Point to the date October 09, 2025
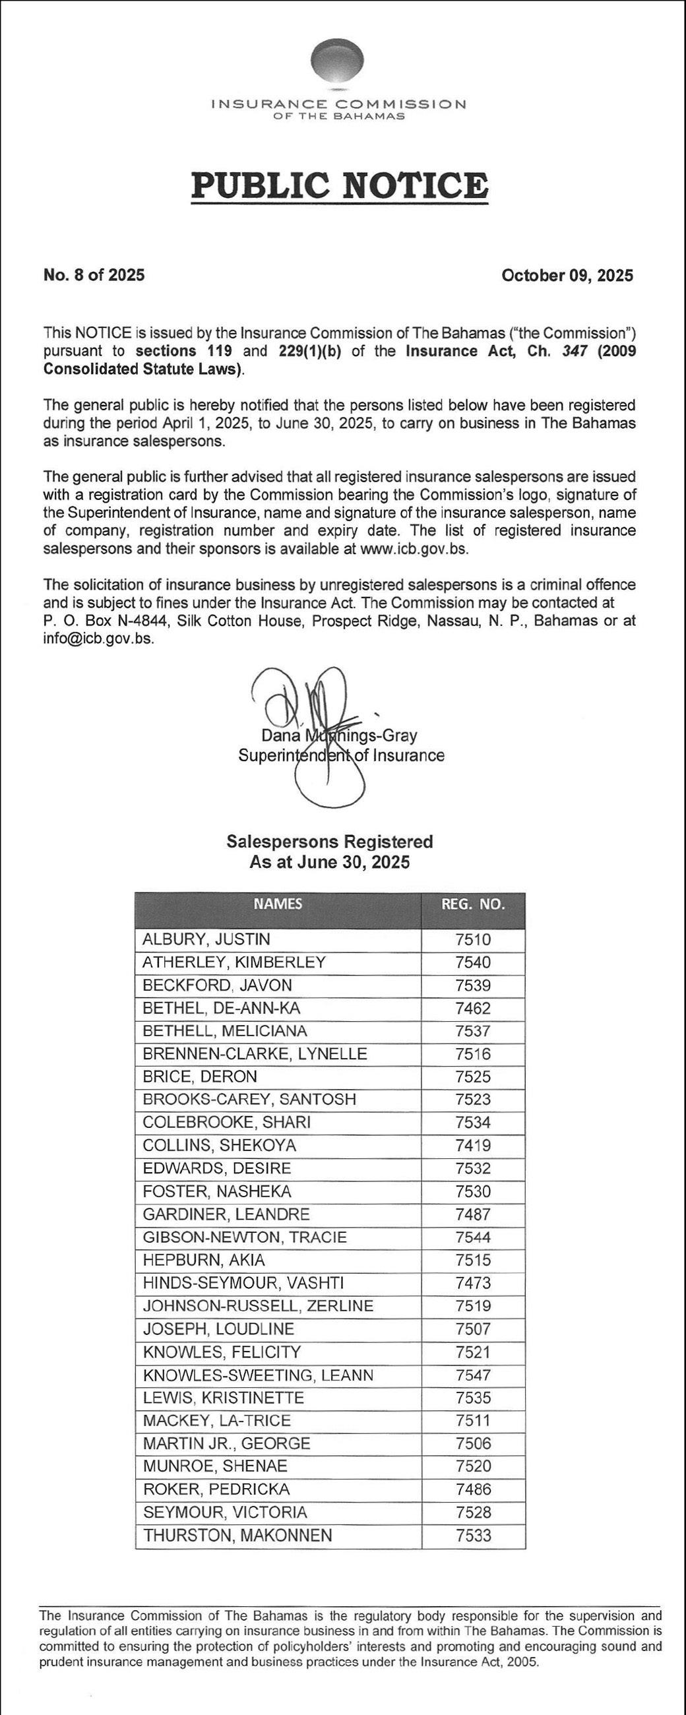point(567,276)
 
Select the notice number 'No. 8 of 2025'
point(93,276)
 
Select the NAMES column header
point(278,904)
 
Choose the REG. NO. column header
point(473,904)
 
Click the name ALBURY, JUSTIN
point(206,939)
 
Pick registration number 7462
point(473,1008)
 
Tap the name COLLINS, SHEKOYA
point(219,1145)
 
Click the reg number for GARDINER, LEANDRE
point(473,1214)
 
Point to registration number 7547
point(473,1374)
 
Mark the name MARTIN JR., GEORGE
point(226,1443)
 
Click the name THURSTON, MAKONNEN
point(237,1534)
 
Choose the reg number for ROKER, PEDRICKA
point(473,1489)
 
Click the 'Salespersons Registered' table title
point(330,842)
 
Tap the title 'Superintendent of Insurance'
point(341,755)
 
